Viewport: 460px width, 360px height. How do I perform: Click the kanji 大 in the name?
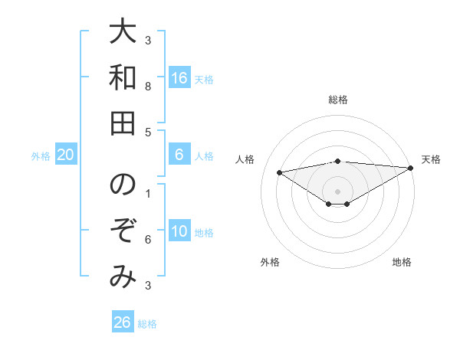123,35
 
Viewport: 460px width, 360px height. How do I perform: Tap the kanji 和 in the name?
123,77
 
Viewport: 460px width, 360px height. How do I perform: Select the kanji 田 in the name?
123,122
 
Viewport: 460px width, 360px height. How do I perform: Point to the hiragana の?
123,186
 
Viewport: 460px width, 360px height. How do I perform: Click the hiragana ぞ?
123,231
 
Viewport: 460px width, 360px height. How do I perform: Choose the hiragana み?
123,277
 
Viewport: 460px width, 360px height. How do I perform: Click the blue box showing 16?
179,78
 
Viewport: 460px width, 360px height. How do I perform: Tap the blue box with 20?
66,155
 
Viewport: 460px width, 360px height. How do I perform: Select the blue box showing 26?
123,322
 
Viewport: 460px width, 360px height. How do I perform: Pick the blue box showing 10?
179,232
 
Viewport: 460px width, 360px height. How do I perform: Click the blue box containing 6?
179,155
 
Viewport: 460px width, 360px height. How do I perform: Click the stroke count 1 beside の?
148,194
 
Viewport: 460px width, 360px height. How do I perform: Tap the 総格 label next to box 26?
147,324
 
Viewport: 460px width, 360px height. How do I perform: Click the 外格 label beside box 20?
41,156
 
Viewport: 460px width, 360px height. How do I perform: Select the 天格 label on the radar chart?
432,159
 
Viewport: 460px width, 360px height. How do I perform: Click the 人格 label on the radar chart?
246,159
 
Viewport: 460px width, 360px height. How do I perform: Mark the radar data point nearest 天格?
411,167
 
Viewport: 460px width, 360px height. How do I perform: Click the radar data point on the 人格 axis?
280,172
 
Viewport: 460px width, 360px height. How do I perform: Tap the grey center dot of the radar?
338,191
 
